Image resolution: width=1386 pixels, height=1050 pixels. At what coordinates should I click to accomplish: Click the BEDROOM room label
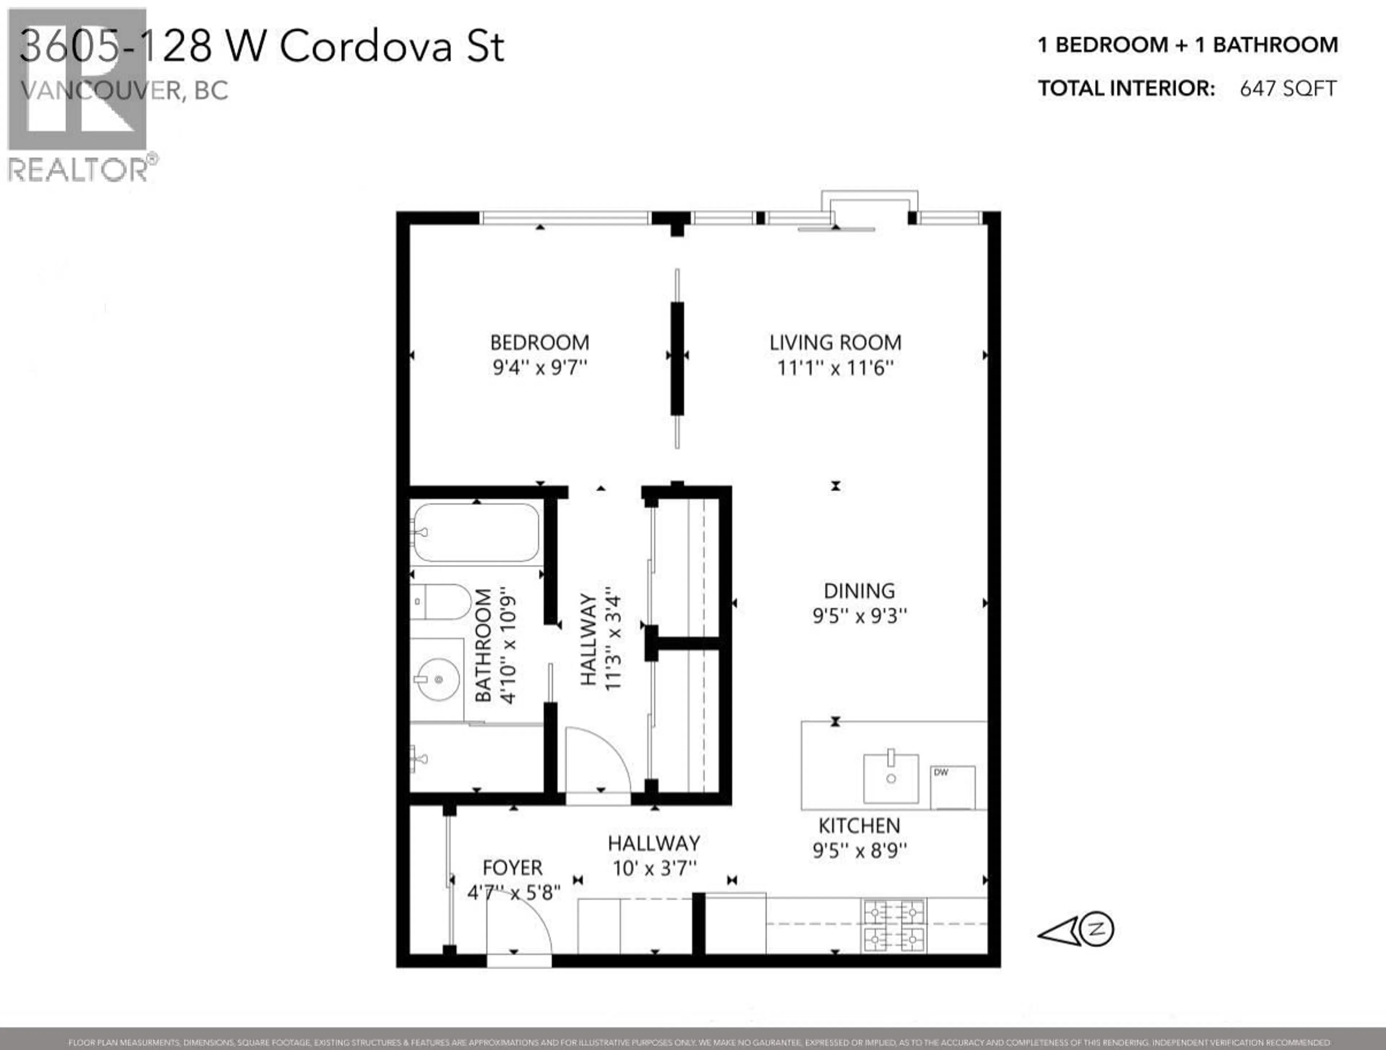(x=540, y=343)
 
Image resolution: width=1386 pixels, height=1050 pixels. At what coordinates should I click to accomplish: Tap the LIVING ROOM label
(x=835, y=343)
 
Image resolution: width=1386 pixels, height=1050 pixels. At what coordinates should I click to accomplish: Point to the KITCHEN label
(x=859, y=826)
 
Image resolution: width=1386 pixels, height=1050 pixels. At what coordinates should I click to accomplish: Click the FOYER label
(x=513, y=868)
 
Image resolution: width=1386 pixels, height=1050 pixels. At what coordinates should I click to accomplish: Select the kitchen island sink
(x=890, y=778)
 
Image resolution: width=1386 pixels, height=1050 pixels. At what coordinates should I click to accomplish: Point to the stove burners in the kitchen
(x=894, y=925)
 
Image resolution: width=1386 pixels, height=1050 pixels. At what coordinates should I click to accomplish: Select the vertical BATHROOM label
(x=483, y=645)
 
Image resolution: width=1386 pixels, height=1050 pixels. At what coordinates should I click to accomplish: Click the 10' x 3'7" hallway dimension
(x=654, y=868)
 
